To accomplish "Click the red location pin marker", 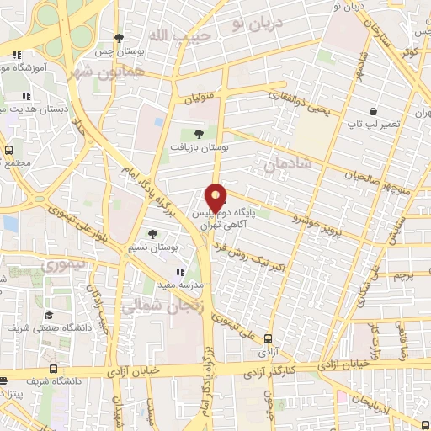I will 216,197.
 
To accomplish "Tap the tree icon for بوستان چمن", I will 120,38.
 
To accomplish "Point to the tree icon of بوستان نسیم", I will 152,234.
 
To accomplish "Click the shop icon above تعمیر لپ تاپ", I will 373,111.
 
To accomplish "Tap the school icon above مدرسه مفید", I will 179,271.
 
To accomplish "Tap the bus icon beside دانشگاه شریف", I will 54,369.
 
